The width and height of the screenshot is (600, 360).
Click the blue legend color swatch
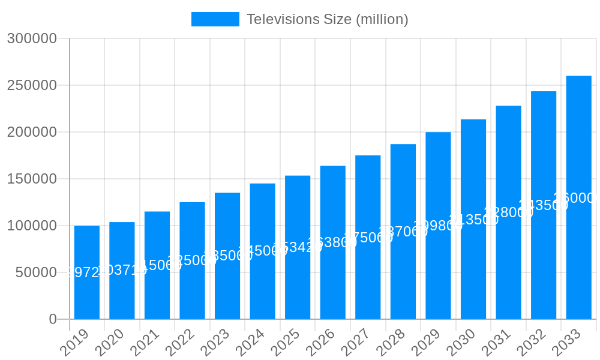pos(215,19)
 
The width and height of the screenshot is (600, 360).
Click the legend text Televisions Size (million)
pos(327,19)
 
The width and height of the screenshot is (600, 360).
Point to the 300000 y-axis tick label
pos(32,39)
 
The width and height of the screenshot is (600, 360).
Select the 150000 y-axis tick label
pos(32,179)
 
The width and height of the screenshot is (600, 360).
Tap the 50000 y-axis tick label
pos(36,272)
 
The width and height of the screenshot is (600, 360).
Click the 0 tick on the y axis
pos(53,319)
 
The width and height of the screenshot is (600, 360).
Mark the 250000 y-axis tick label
pos(32,85)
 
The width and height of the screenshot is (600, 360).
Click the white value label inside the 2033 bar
pos(576,198)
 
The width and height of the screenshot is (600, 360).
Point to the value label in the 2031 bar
pos(509,212)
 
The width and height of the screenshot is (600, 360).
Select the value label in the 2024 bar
pos(263,251)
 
